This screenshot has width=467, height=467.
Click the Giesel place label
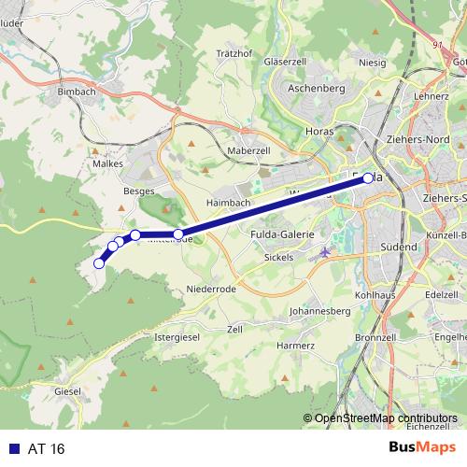[68, 391]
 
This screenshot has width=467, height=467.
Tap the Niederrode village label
[210, 290]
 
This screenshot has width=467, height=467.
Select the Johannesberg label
[319, 311]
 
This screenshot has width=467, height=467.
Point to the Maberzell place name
[248, 149]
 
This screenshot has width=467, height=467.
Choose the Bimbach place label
[78, 92]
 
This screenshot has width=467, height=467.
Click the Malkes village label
[108, 163]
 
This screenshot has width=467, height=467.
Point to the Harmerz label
[295, 346]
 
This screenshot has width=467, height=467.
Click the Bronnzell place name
[376, 336]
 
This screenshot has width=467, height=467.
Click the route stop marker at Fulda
[368, 177]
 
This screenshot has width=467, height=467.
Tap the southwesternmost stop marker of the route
[99, 263]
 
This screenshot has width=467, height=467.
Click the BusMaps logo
[421, 449]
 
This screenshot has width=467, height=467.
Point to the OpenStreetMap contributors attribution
[385, 418]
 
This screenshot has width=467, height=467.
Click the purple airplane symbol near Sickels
[324, 253]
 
